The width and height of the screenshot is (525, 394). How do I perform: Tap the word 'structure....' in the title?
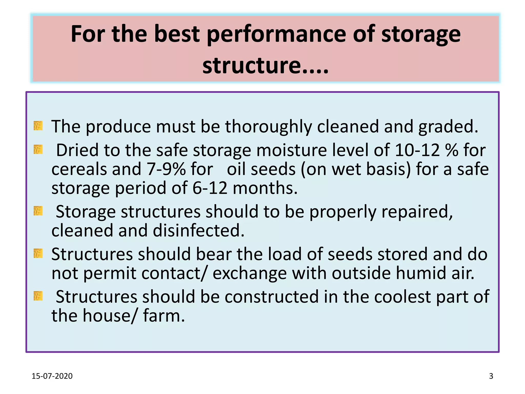tap(265, 65)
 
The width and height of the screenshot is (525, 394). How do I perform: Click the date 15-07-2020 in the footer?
tap(52, 376)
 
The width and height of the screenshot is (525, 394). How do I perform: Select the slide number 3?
tap(491, 376)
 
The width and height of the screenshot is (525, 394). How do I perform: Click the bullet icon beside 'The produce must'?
tap(38, 126)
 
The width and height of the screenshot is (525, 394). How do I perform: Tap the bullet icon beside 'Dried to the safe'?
tap(38, 149)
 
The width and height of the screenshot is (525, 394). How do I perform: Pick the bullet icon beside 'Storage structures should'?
tap(38, 211)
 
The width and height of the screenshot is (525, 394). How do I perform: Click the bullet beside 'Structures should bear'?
tap(38, 253)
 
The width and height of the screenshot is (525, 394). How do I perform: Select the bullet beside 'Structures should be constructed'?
tap(38, 296)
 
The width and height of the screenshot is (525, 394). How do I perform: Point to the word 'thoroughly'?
tap(268, 127)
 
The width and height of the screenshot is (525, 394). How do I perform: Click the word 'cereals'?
tap(79, 169)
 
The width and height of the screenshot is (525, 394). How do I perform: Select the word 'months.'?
tap(265, 188)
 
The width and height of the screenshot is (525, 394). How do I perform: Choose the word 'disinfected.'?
tap(199, 230)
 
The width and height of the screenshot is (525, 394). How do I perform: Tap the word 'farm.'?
tap(164, 316)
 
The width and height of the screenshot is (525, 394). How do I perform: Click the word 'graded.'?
tap(448, 127)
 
